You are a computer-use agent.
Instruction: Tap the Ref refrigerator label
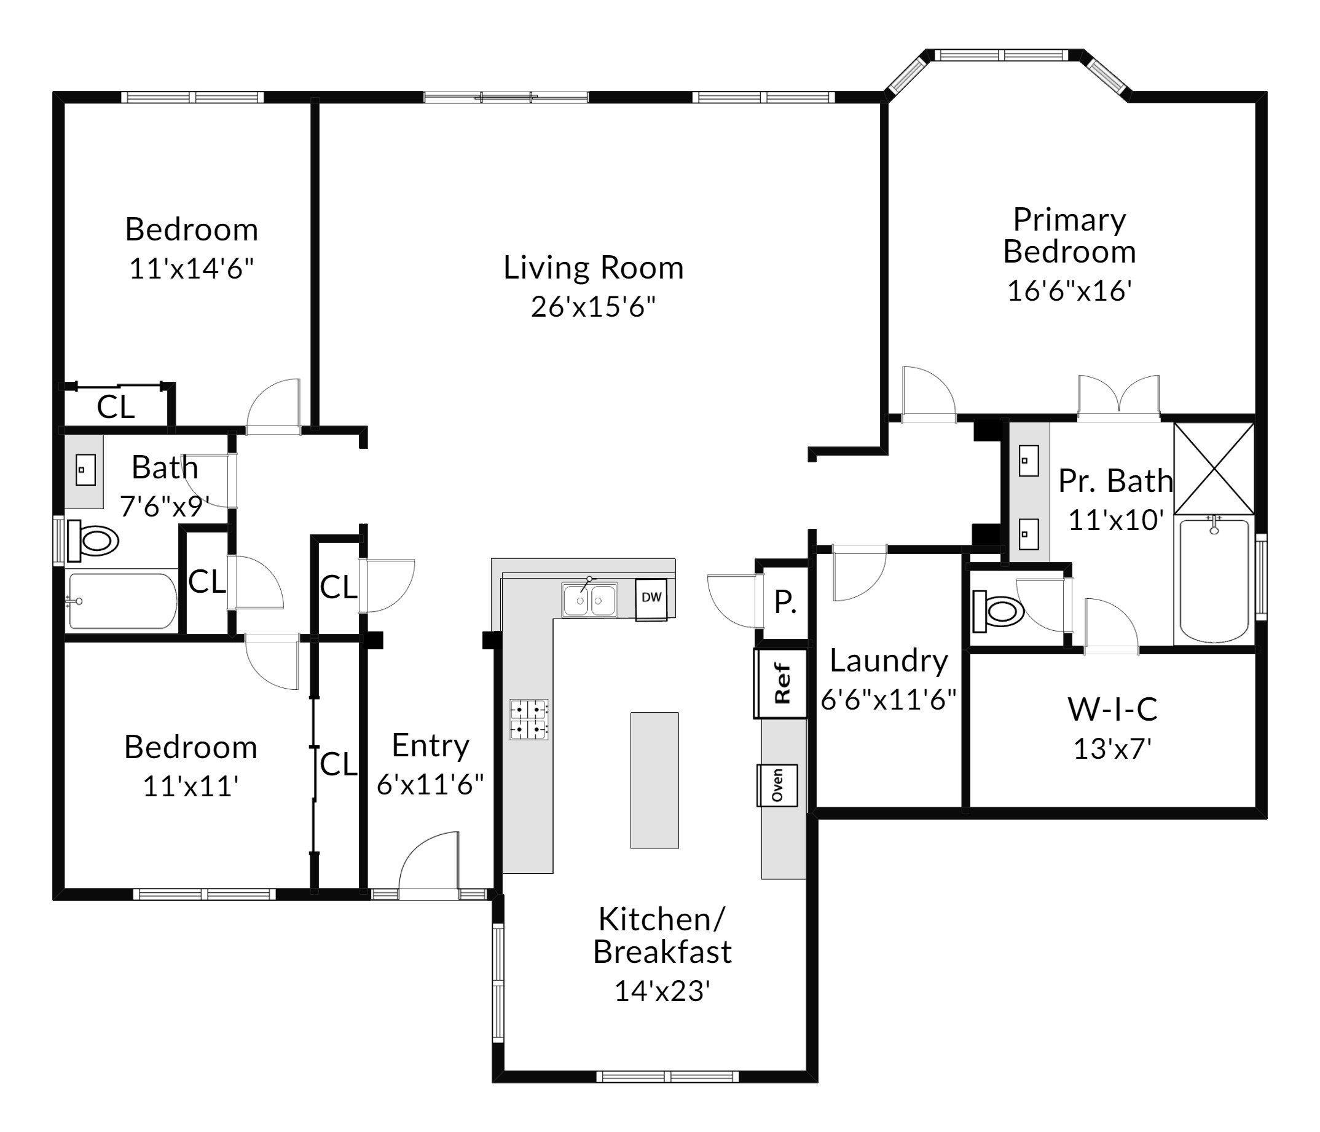tap(782, 683)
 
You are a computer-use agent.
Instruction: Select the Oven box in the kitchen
tap(777, 785)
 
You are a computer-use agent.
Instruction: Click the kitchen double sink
tap(589, 599)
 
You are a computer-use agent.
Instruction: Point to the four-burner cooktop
tap(528, 719)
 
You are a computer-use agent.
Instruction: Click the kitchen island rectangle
tap(654, 780)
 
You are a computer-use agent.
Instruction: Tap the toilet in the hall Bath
tap(93, 541)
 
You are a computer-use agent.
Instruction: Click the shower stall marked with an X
tap(1214, 469)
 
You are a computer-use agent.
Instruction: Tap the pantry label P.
tap(785, 602)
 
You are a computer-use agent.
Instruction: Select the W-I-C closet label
tap(1112, 710)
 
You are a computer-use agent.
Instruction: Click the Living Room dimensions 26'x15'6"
tap(593, 307)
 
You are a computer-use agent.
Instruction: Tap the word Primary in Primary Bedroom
tap(1070, 221)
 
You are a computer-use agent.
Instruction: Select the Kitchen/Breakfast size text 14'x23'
tap(662, 991)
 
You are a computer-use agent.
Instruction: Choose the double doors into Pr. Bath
tap(1118, 398)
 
